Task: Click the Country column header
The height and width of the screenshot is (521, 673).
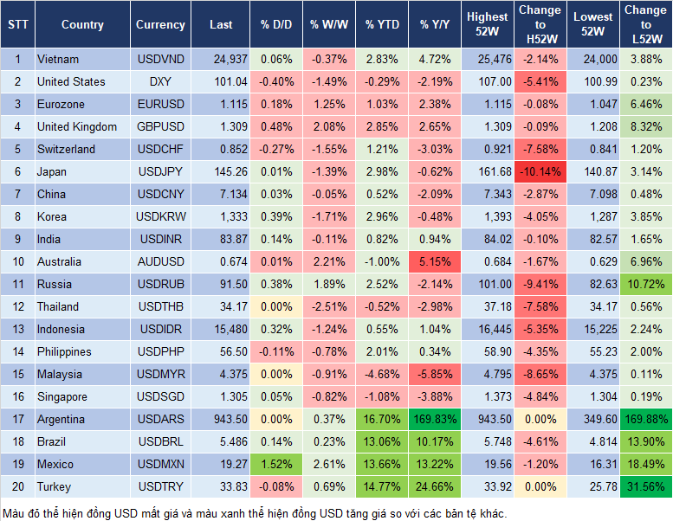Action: click(x=82, y=25)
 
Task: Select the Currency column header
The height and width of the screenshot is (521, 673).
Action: click(x=160, y=25)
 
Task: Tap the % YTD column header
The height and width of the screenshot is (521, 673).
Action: click(x=381, y=25)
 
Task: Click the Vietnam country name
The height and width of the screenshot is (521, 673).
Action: click(x=58, y=59)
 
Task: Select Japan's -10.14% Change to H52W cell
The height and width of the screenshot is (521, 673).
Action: click(x=541, y=171)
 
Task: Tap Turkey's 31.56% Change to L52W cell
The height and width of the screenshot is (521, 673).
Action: click(x=645, y=486)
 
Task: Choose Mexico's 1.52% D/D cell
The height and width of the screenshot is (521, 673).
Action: click(x=275, y=464)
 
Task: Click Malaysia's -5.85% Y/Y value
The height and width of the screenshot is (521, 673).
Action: click(x=432, y=374)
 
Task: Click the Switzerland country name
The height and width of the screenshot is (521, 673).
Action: click(x=66, y=149)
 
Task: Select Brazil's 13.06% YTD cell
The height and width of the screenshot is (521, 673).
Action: click(x=381, y=441)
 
